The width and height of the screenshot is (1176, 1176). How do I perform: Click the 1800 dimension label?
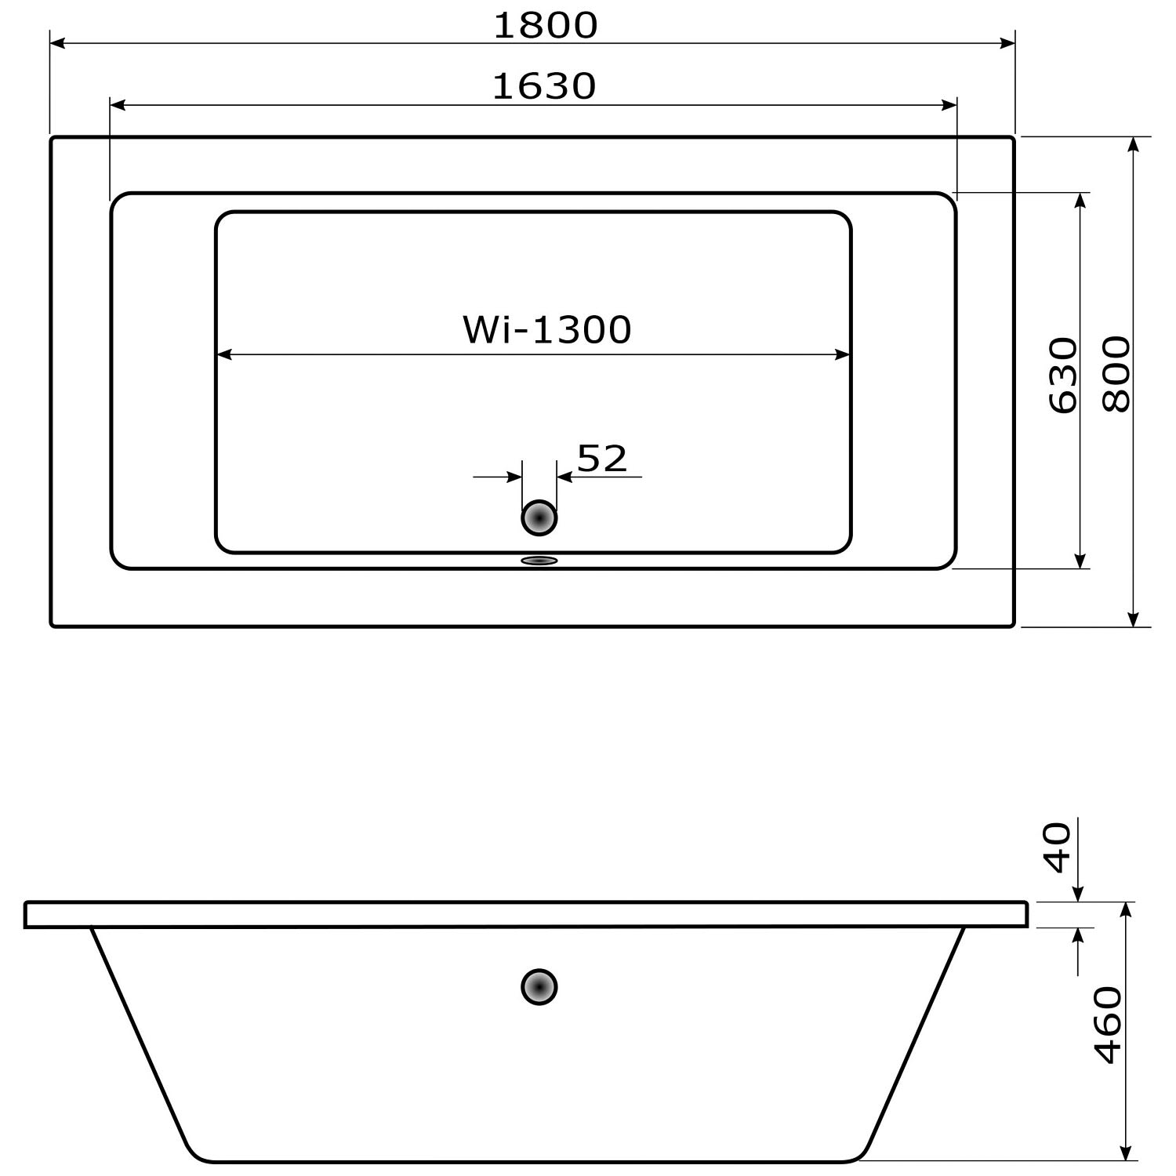tap(546, 25)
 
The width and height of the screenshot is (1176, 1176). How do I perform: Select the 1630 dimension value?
tap(545, 86)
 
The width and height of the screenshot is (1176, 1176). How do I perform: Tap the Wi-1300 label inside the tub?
tap(546, 329)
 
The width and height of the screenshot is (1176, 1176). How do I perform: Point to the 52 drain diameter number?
tap(602, 459)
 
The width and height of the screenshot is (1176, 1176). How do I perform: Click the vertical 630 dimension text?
tap(1063, 375)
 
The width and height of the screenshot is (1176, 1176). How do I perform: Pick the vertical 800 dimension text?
tap(1116, 374)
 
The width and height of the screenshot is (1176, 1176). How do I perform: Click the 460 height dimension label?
tap(1108, 1025)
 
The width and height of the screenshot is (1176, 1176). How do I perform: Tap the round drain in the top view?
tap(539, 517)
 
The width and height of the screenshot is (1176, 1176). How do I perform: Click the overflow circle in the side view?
tap(539, 987)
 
